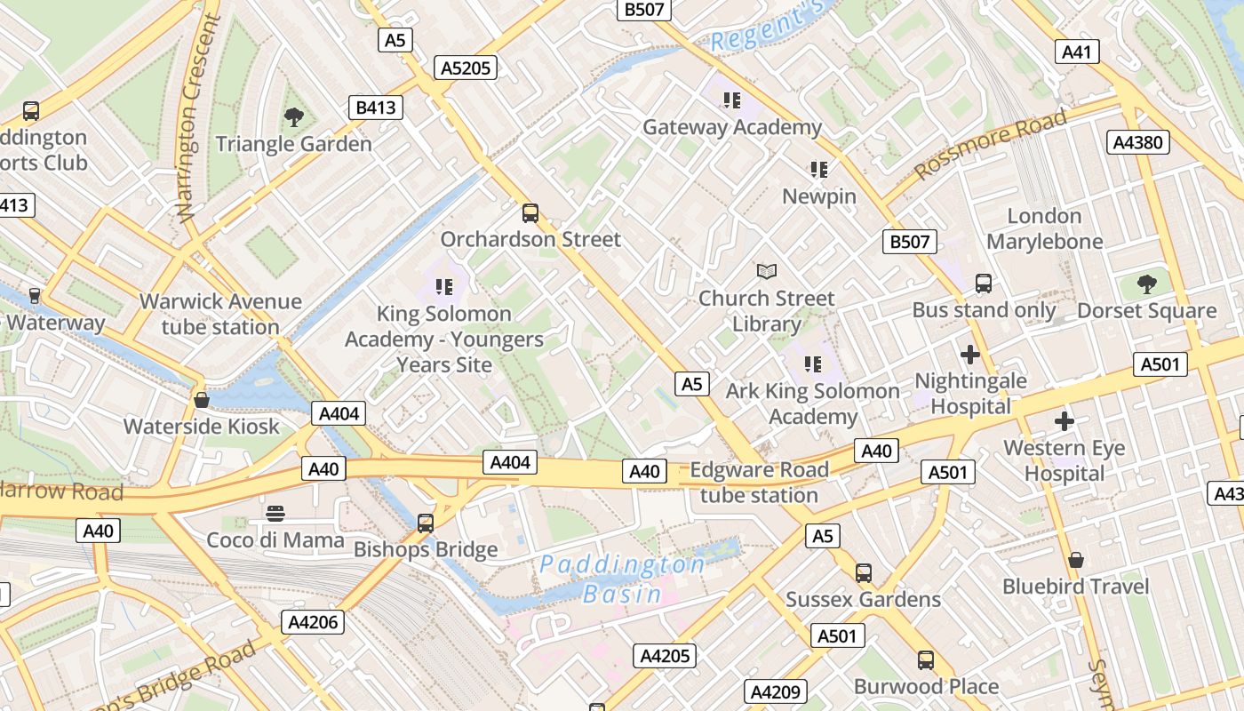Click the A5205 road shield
click(x=466, y=68)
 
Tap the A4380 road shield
click(x=1138, y=142)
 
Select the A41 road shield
click(x=1076, y=52)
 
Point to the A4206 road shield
click(x=314, y=622)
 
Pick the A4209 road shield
click(x=776, y=691)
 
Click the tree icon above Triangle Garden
click(x=293, y=116)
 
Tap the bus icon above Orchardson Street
click(x=530, y=213)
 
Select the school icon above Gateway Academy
click(x=731, y=100)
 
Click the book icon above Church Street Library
click(x=766, y=271)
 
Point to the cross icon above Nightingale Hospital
click(x=970, y=355)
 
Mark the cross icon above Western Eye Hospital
click(x=1064, y=421)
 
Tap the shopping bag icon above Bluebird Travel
click(x=1075, y=560)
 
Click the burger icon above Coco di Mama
click(x=275, y=513)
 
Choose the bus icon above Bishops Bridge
click(x=426, y=523)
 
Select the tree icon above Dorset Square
click(x=1146, y=284)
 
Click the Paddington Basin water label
click(x=623, y=579)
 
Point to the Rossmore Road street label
click(x=990, y=146)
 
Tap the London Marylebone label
click(x=1044, y=228)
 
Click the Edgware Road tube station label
click(x=759, y=483)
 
